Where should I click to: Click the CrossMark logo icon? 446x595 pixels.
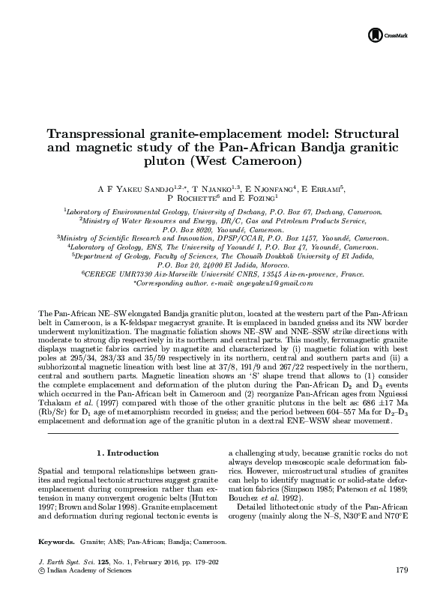click(x=375, y=34)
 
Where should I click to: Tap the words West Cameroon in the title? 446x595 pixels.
click(x=264, y=160)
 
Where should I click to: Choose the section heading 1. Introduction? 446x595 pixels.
click(x=129, y=453)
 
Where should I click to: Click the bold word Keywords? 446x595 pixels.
click(x=56, y=540)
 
